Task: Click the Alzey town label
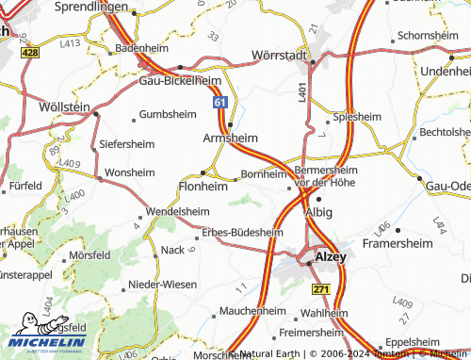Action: pos(330,255)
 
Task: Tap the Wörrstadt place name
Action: pos(281,56)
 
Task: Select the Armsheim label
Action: pos(231,138)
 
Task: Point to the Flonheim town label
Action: pos(203,187)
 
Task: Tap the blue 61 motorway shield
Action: pos(219,101)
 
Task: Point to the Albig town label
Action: pos(318,212)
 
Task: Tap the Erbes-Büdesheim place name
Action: pos(249,232)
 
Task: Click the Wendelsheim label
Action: pos(177,212)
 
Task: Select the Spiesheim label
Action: pos(355,118)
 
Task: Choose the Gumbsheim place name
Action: pos(167,114)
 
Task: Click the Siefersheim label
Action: pos(126,144)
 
